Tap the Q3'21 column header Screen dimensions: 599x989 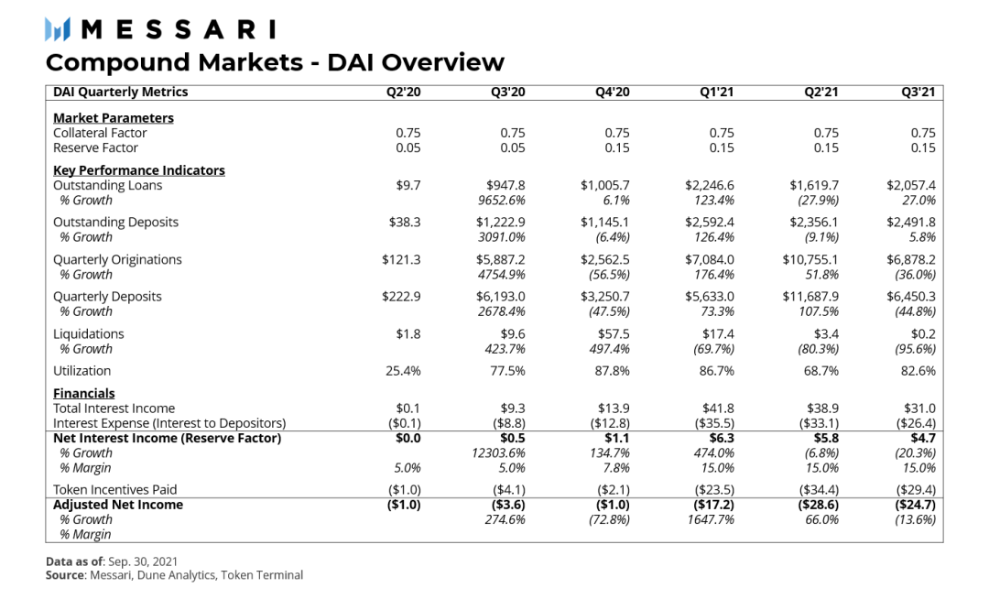coord(918,92)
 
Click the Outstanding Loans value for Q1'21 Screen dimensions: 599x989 coord(710,185)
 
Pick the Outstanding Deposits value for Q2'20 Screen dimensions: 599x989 coord(404,223)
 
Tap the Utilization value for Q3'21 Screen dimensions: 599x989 coord(917,371)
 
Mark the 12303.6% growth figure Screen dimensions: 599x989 coord(498,453)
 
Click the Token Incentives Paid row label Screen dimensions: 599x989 coord(114,490)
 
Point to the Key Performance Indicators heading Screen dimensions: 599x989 coord(138,170)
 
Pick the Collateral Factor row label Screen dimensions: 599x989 coord(100,133)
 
